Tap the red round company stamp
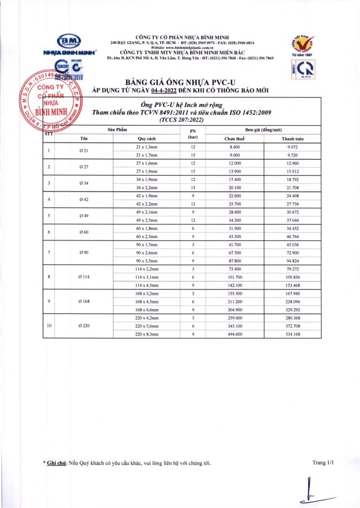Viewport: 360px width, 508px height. [x=52, y=102]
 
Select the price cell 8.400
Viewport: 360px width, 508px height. [x=235, y=147]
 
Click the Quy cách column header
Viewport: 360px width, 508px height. [x=147, y=139]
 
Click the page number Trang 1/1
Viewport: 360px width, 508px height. [x=323, y=463]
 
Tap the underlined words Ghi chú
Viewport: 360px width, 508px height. [x=57, y=463]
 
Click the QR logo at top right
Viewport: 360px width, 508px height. [x=300, y=69]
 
